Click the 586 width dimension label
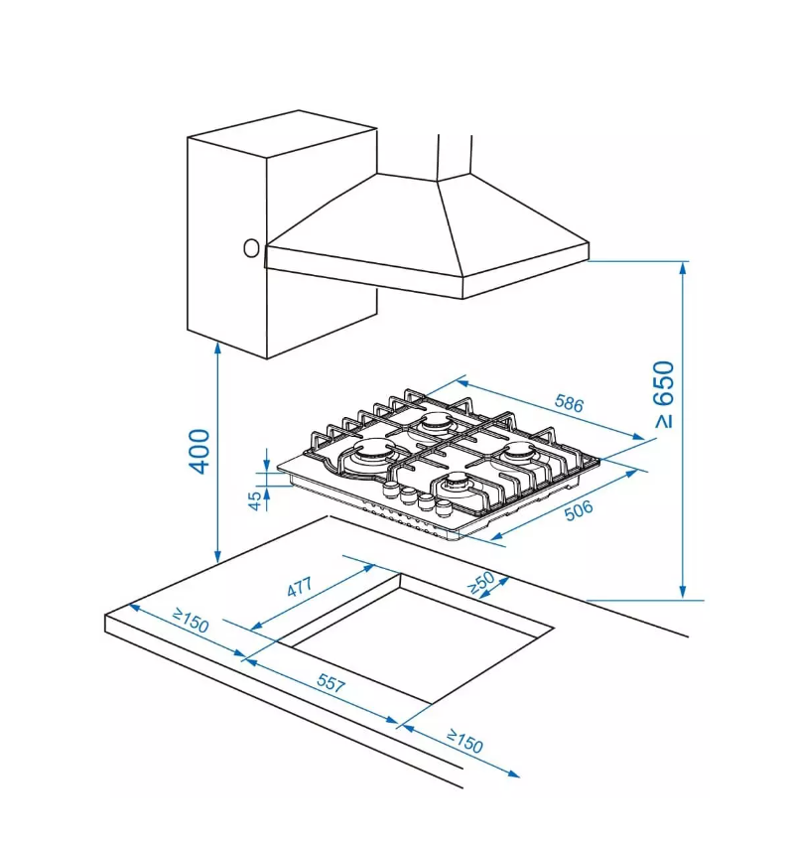click(x=569, y=403)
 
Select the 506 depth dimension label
click(x=579, y=509)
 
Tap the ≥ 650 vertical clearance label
click(x=664, y=394)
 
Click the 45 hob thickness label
click(x=255, y=499)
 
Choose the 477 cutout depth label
click(x=300, y=587)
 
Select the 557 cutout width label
click(x=330, y=683)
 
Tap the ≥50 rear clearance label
click(x=481, y=583)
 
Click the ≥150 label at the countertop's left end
click(x=191, y=621)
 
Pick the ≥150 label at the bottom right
click(x=464, y=741)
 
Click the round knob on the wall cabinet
click(x=251, y=248)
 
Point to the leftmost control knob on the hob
click(x=390, y=489)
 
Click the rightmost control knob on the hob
click(x=444, y=506)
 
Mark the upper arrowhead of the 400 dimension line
click(x=217, y=348)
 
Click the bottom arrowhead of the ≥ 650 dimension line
click(x=683, y=593)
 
